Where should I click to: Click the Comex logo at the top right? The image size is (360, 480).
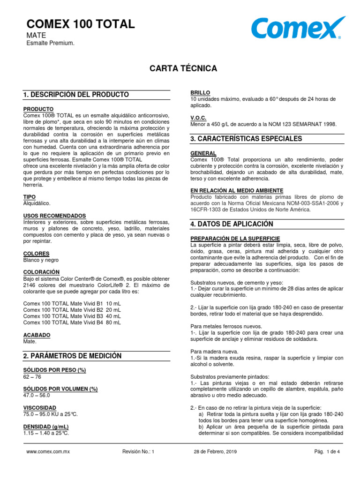pyautogui.click(x=298, y=29)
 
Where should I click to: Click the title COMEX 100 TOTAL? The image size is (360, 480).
pyautogui.click(x=79, y=24)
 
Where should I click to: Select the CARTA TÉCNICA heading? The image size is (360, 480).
pyautogui.click(x=183, y=68)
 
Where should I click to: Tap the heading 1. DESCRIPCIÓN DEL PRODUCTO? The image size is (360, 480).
pyautogui.click(x=76, y=95)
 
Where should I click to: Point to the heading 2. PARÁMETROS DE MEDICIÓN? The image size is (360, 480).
pyautogui.click(x=72, y=356)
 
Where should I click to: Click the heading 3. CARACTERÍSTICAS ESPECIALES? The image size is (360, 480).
pyautogui.click(x=246, y=139)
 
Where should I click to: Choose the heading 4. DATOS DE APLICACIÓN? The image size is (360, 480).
pyautogui.click(x=232, y=224)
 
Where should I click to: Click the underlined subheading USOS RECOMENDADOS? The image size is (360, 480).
pyautogui.click(x=55, y=216)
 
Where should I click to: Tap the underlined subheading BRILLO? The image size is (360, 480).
pyautogui.click(x=200, y=93)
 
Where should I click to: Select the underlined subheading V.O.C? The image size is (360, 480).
pyautogui.click(x=198, y=118)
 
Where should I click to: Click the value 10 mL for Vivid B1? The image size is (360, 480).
pyautogui.click(x=113, y=303)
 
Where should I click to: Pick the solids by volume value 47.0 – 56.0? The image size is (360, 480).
pyautogui.click(x=37, y=395)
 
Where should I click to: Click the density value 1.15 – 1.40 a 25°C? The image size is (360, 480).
pyautogui.click(x=46, y=433)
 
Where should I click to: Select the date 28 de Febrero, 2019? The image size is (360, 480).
pyautogui.click(x=215, y=452)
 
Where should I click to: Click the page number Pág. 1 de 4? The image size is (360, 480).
pyautogui.click(x=327, y=452)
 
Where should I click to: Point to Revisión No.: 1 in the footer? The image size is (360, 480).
pyautogui.click(x=138, y=452)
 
